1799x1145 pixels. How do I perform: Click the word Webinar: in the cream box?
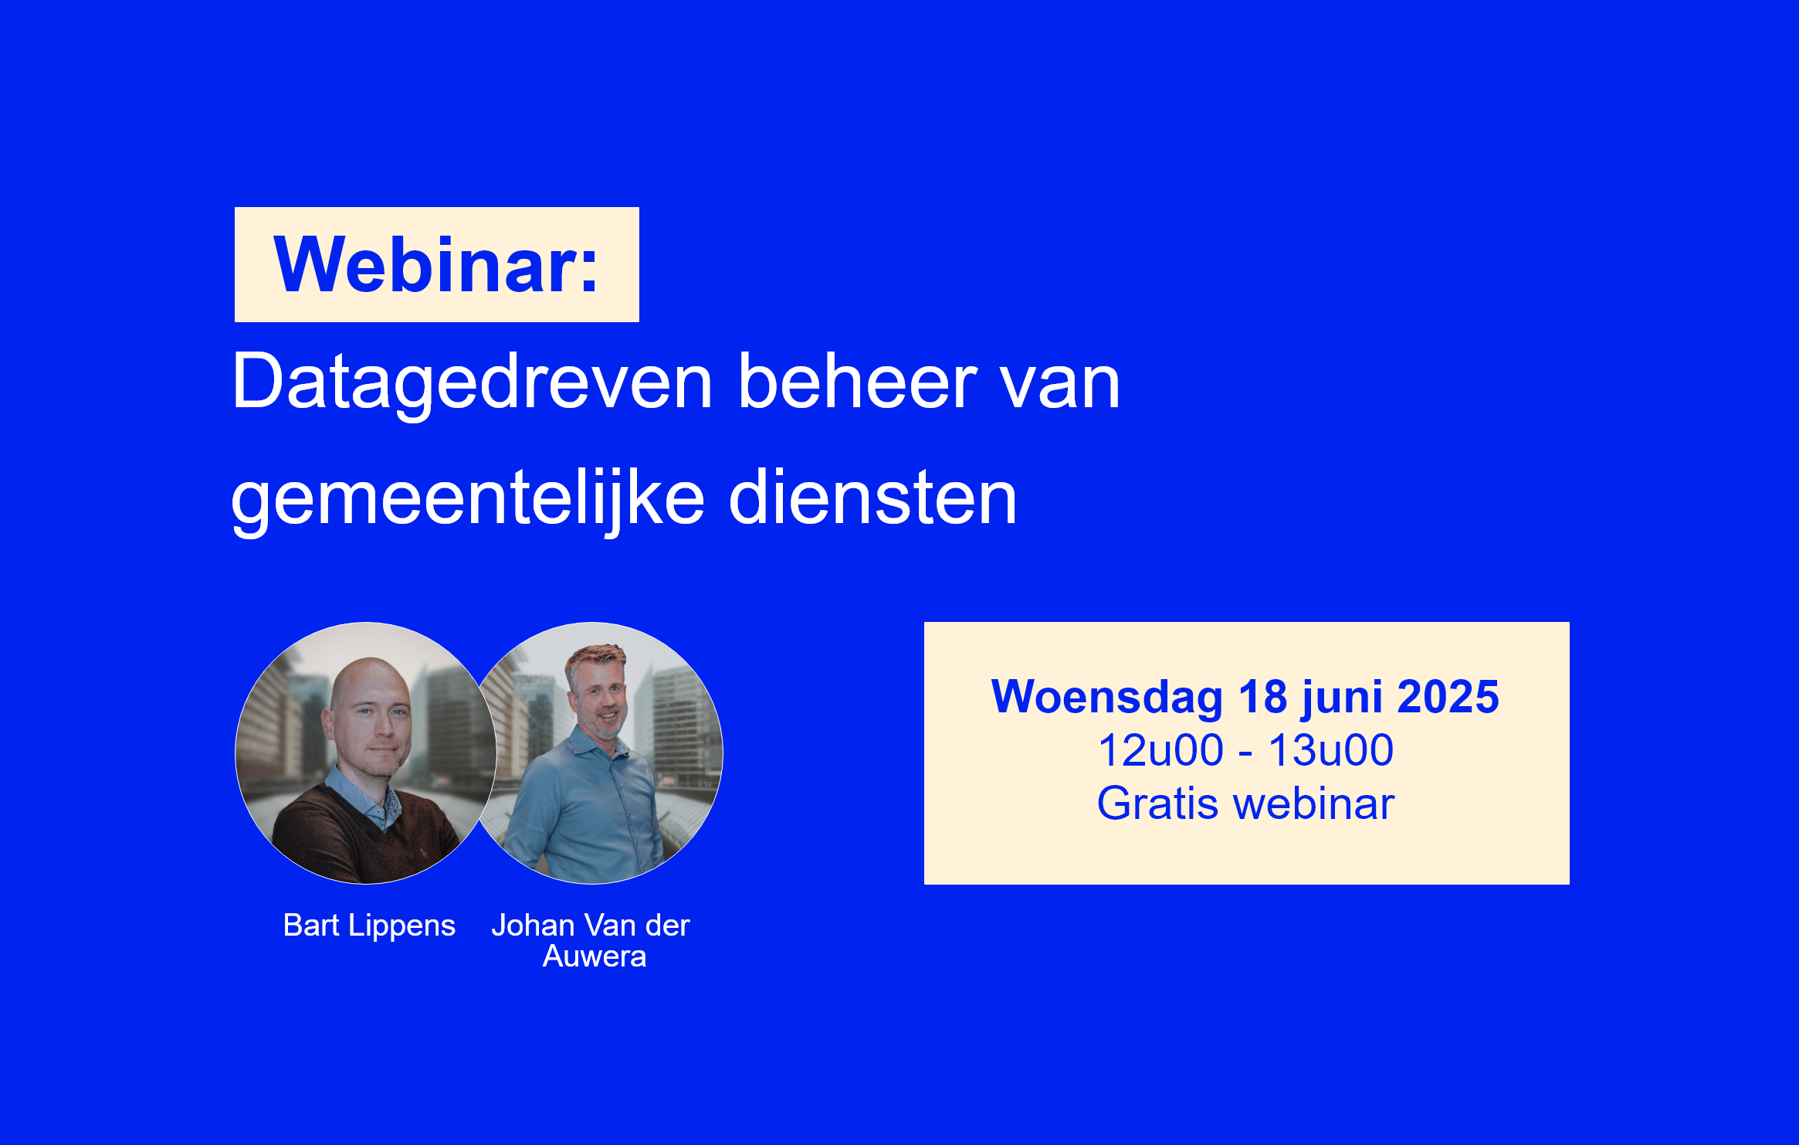coord(436,265)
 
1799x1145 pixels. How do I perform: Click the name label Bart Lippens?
coord(369,926)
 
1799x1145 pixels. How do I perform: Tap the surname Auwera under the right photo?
coord(595,956)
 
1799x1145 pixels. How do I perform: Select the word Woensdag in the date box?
coord(1106,698)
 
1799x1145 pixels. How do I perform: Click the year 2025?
coord(1448,697)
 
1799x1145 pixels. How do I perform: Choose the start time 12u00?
coord(1160,750)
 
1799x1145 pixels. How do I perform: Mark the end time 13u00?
coord(1331,750)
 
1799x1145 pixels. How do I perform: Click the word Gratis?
coord(1158,804)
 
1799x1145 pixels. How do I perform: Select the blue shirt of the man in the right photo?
coord(587,811)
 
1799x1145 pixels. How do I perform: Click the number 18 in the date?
coord(1262,697)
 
